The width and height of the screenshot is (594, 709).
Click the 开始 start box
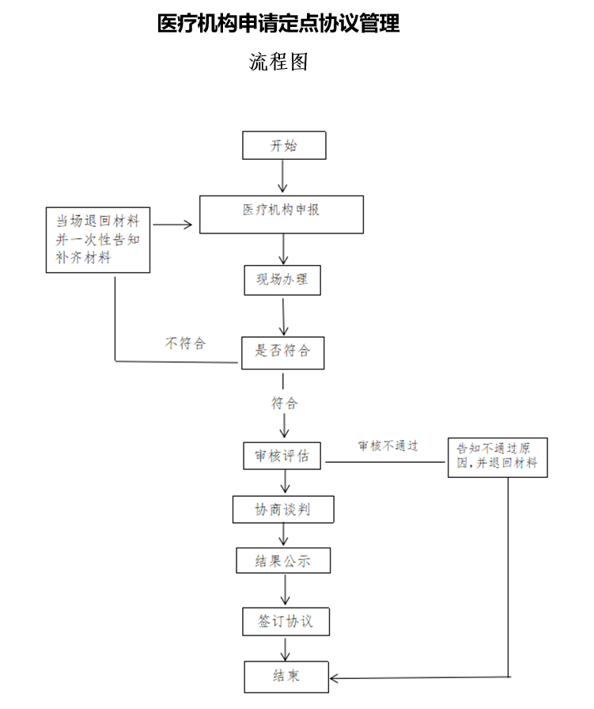tap(284, 146)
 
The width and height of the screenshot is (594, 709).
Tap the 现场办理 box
tap(282, 279)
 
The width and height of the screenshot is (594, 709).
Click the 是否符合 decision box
tap(282, 351)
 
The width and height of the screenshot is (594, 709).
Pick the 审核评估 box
tap(282, 457)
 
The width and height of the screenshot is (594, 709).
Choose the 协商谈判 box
tap(282, 510)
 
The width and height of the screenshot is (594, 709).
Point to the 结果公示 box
tap(282, 561)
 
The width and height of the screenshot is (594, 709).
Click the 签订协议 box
tap(285, 621)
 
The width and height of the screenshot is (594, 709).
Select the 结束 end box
tap(286, 676)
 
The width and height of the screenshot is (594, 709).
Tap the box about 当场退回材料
tap(98, 239)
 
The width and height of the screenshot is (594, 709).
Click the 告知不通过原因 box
tap(498, 456)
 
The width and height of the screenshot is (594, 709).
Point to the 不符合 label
tap(184, 343)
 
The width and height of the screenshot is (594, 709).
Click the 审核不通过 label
tap(388, 445)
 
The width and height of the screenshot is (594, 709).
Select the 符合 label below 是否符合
tap(285, 404)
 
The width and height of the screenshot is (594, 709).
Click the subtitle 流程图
tap(278, 62)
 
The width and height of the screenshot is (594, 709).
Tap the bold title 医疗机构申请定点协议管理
tap(278, 24)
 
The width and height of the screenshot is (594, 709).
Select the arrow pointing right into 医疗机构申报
tap(173, 225)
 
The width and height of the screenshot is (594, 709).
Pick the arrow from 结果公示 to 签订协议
tap(285, 590)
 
